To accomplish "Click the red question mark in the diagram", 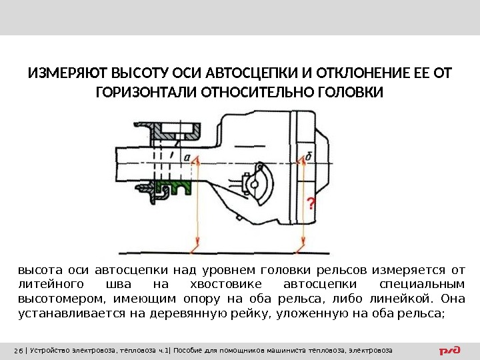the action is tap(310, 202).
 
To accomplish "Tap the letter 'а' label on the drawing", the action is tap(187, 158).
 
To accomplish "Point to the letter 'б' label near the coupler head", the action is tap(309, 157).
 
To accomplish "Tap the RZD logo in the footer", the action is tap(451, 350).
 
